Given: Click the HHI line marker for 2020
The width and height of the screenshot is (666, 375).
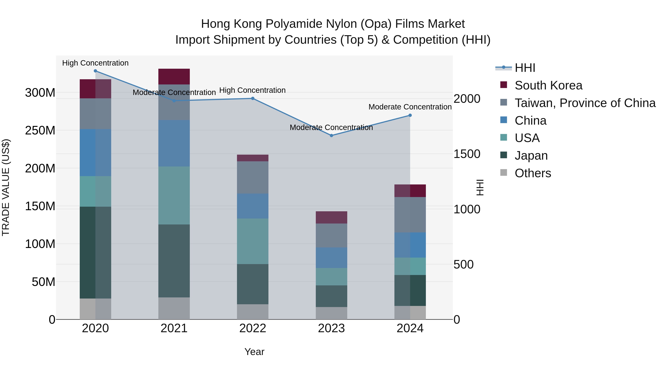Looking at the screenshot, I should pos(95,71).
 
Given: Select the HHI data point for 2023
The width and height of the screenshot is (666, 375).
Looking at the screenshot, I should pos(332,136).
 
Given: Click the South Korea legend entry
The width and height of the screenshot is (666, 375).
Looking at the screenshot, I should pos(548,85).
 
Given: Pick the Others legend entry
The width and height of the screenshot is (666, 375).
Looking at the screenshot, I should pos(533,173).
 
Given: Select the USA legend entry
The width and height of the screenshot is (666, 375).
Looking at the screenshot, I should pos(527,138).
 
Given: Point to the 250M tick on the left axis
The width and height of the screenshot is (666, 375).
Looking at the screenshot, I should pos(40,130).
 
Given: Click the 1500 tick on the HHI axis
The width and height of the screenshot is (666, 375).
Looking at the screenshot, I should pos(467,154).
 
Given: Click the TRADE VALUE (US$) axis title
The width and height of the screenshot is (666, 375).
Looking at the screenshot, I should pos(6,187).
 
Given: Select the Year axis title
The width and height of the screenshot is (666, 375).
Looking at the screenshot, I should pos(254,352).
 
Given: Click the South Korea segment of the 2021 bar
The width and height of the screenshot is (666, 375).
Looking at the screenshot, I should pos(174,77).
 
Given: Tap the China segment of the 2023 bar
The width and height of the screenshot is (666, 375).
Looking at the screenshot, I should pos(332,258).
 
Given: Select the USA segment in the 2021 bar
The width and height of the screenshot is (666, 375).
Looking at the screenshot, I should pos(174,195).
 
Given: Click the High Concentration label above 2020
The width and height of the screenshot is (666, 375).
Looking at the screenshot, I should pos(95,63).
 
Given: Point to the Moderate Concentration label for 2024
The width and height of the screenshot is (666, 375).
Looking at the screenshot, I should pos(410,107).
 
